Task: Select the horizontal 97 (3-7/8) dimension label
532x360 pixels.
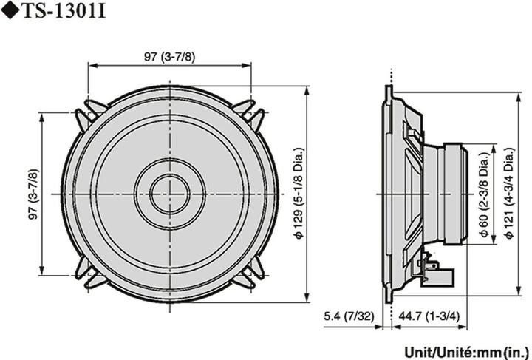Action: (x=169, y=56)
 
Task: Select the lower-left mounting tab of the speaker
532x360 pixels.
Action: (x=88, y=276)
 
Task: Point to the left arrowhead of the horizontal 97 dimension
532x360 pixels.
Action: (x=91, y=64)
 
